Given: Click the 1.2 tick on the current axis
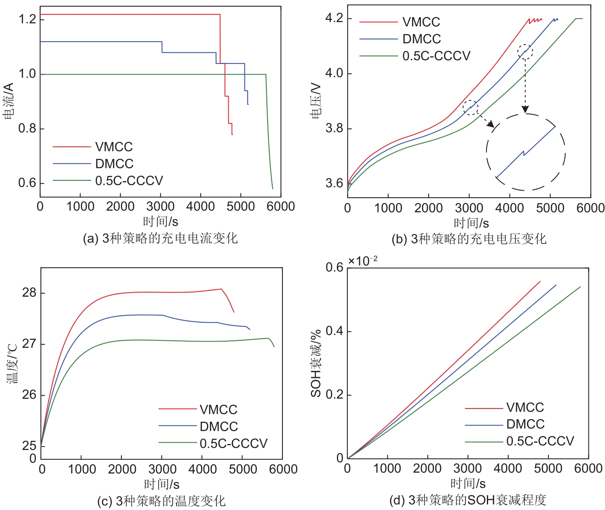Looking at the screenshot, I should [x=27, y=19].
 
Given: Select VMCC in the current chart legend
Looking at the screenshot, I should [x=114, y=147].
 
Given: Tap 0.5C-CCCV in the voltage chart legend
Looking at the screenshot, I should [x=436, y=56].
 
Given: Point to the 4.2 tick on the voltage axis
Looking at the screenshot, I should [x=334, y=18].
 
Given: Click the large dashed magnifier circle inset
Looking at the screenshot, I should [x=525, y=152].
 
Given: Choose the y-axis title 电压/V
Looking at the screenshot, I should [x=316, y=100].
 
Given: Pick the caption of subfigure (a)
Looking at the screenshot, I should [x=160, y=238].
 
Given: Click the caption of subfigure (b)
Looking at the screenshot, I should [x=469, y=239].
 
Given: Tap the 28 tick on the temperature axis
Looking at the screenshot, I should [x=29, y=293].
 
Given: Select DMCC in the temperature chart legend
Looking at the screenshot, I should [x=218, y=426].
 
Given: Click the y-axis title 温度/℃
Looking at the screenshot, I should [x=12, y=363].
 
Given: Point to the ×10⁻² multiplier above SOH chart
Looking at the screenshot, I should [x=363, y=261].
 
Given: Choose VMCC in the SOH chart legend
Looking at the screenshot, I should [x=525, y=407].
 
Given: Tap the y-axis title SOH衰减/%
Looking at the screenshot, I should [x=316, y=363].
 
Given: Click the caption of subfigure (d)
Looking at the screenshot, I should [x=467, y=500].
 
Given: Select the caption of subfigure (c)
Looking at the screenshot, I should [x=161, y=501].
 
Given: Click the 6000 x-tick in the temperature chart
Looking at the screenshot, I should [x=283, y=469].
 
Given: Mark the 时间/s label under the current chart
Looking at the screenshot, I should [x=161, y=222].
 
